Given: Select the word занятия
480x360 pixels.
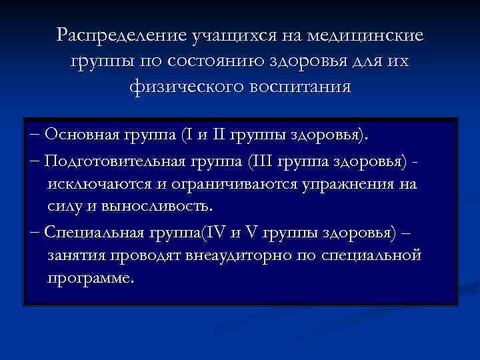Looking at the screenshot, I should (75, 256).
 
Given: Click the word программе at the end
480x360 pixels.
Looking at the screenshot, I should (91, 277).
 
